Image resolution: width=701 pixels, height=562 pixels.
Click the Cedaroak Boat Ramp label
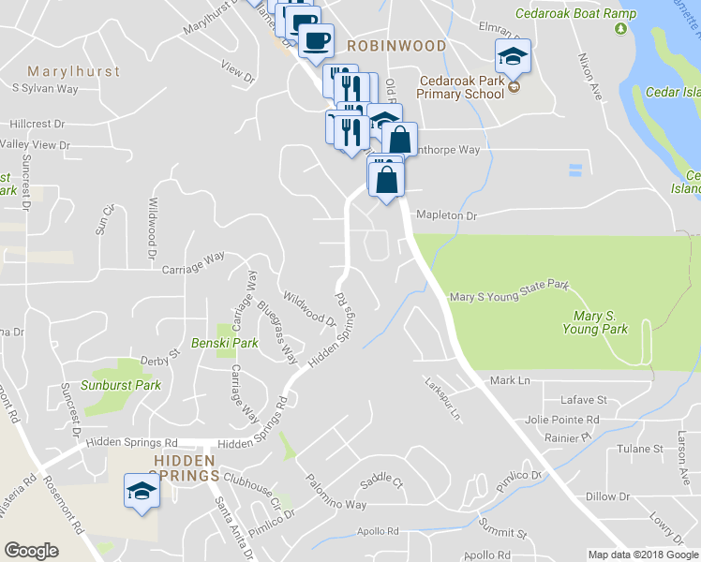coord(575,14)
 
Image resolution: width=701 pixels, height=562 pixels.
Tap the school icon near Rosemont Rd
coord(142,491)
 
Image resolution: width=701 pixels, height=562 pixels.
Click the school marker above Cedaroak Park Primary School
coord(513,55)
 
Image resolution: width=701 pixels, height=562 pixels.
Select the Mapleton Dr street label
coord(447,215)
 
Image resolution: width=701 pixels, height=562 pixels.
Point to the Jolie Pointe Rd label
coord(562,419)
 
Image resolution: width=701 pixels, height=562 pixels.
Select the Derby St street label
coord(159,357)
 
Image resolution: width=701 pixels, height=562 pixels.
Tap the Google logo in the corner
coord(32,551)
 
